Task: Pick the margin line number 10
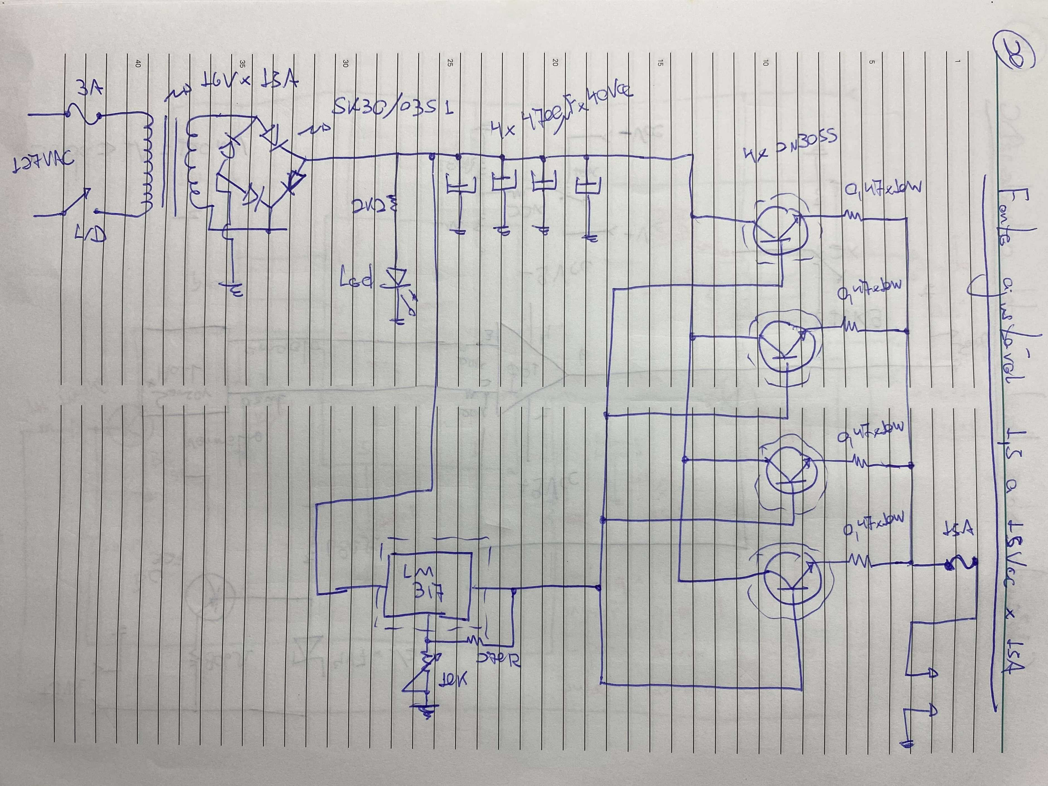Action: (765, 63)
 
